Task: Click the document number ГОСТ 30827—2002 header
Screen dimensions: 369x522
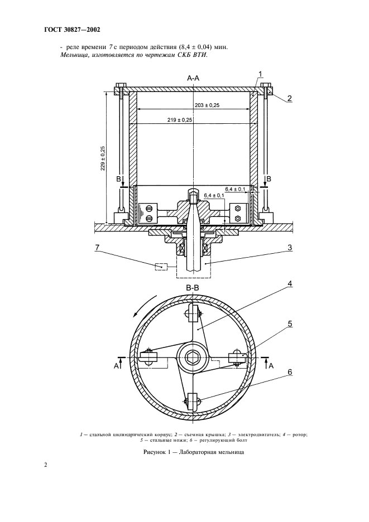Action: (x=72, y=30)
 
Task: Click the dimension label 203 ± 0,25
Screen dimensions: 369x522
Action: (x=207, y=105)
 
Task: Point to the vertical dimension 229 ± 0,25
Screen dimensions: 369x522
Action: (x=103, y=158)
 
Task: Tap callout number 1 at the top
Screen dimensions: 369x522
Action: (x=260, y=74)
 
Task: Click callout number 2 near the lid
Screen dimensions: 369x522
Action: (x=289, y=98)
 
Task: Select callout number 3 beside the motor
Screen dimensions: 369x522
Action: (x=289, y=248)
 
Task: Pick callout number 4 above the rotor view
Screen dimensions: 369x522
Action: (x=290, y=284)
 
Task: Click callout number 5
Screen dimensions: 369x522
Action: (x=290, y=323)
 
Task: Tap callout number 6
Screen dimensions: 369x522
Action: (x=290, y=372)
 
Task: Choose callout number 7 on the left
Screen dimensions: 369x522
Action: (x=97, y=248)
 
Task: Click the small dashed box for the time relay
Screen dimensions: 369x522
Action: (x=161, y=267)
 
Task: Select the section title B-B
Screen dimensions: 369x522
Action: (x=193, y=289)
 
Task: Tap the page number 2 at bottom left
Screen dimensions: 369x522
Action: (x=46, y=465)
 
